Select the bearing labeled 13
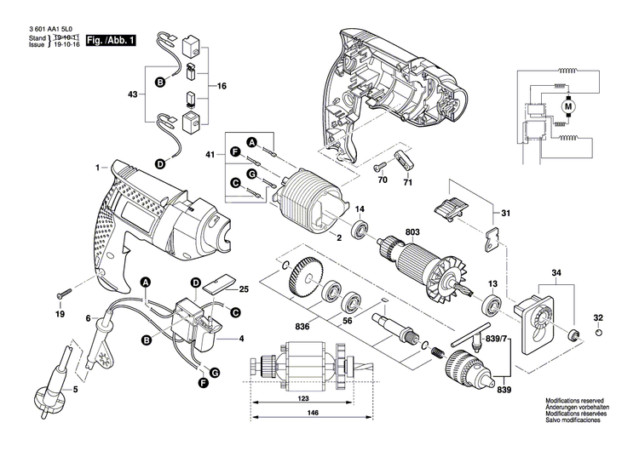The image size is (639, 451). [x=492, y=305]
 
